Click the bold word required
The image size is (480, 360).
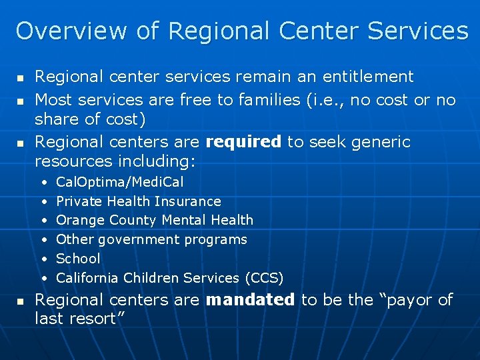tap(243, 142)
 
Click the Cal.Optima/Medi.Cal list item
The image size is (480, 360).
tap(119, 182)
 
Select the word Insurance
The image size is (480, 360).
tap(187, 201)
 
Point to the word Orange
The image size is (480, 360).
tap(77, 220)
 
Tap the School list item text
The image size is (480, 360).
tap(78, 259)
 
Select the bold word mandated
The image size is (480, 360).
tap(250, 300)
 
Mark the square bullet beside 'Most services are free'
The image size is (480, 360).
tap(19, 101)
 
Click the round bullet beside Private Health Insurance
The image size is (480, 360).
tap(43, 201)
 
